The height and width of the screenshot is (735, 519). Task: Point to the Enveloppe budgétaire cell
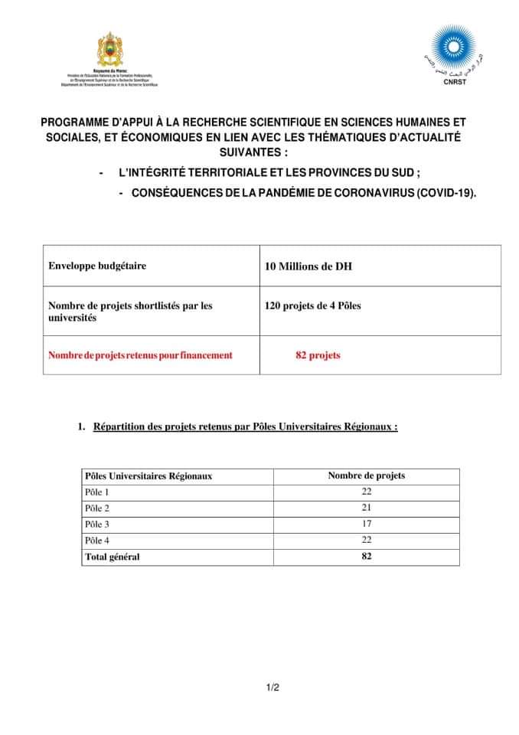pyautogui.click(x=97, y=266)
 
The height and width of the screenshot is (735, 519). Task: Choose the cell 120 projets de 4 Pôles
pyautogui.click(x=312, y=305)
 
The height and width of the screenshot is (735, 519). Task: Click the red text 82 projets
pyautogui.click(x=318, y=355)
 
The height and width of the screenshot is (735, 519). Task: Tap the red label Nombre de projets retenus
pyautogui.click(x=140, y=355)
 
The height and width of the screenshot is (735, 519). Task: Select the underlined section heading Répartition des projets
pyautogui.click(x=245, y=427)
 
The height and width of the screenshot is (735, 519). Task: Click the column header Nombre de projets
pyautogui.click(x=366, y=475)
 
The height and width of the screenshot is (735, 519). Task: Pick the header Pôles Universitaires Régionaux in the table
pyautogui.click(x=149, y=475)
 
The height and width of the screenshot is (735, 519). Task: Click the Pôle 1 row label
pyautogui.click(x=97, y=492)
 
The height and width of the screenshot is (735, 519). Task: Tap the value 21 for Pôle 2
pyautogui.click(x=366, y=508)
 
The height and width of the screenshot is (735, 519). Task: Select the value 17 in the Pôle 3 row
pyautogui.click(x=366, y=524)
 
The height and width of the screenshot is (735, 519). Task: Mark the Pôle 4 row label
pyautogui.click(x=97, y=541)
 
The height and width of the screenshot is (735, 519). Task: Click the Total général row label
pyautogui.click(x=113, y=557)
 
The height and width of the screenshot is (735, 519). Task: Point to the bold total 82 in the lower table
pyautogui.click(x=366, y=557)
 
